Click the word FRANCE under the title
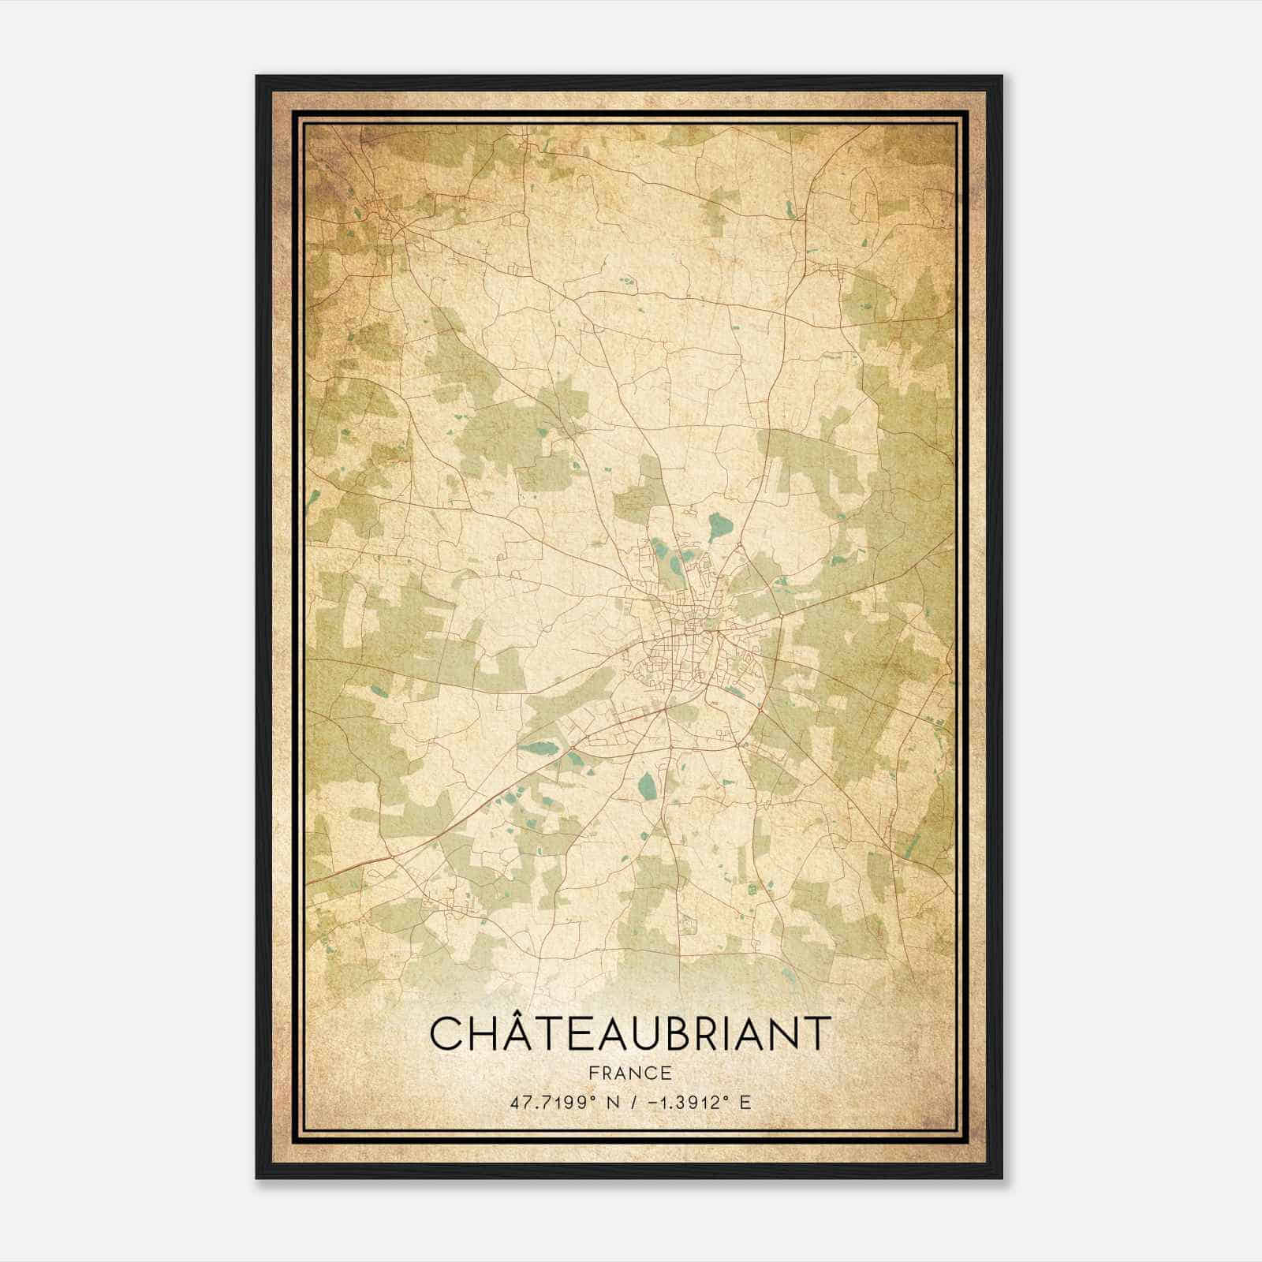pos(629,1073)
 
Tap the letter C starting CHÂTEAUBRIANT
pos(446,1034)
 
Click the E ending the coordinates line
pos(745,1102)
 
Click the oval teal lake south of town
pos(647,785)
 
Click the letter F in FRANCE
pos(592,1073)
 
